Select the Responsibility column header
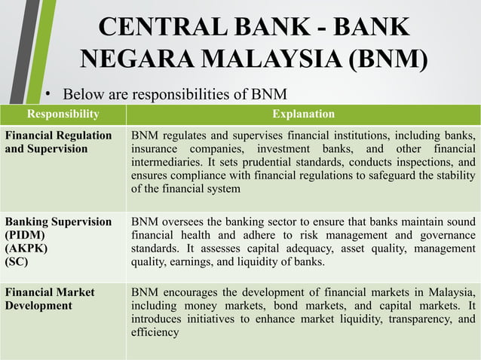coord(63,114)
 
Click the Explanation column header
coord(303,114)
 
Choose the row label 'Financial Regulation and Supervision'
coord(59,142)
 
